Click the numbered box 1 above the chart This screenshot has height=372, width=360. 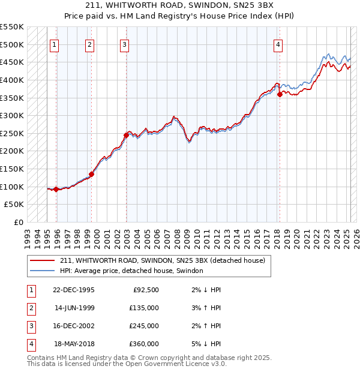click(x=55, y=44)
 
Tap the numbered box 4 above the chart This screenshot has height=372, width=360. click(x=279, y=44)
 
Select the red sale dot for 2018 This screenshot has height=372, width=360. click(x=280, y=94)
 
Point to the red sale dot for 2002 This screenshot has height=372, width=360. click(x=126, y=135)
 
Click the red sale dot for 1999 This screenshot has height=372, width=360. click(x=92, y=174)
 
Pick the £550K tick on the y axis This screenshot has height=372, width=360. click(x=13, y=27)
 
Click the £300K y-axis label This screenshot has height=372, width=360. click(x=13, y=115)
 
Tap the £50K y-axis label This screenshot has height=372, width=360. click(x=15, y=205)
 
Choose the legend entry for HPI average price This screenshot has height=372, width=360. click(x=131, y=271)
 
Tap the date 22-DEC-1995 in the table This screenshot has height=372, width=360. click(x=73, y=290)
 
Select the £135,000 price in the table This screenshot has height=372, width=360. click(x=144, y=308)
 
